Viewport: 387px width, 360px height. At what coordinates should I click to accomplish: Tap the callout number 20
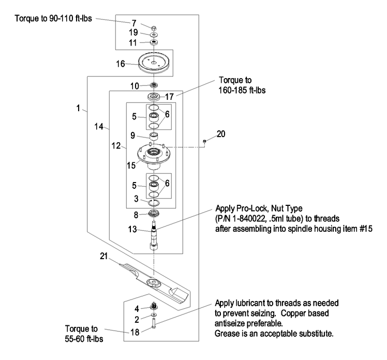tap(221, 133)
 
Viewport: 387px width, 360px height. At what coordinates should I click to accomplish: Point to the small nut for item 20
tap(205, 141)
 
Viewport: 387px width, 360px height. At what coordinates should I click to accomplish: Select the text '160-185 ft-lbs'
tap(243, 89)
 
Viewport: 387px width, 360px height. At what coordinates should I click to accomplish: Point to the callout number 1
tap(79, 109)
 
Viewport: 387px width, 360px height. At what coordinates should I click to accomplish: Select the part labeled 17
tap(154, 97)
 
